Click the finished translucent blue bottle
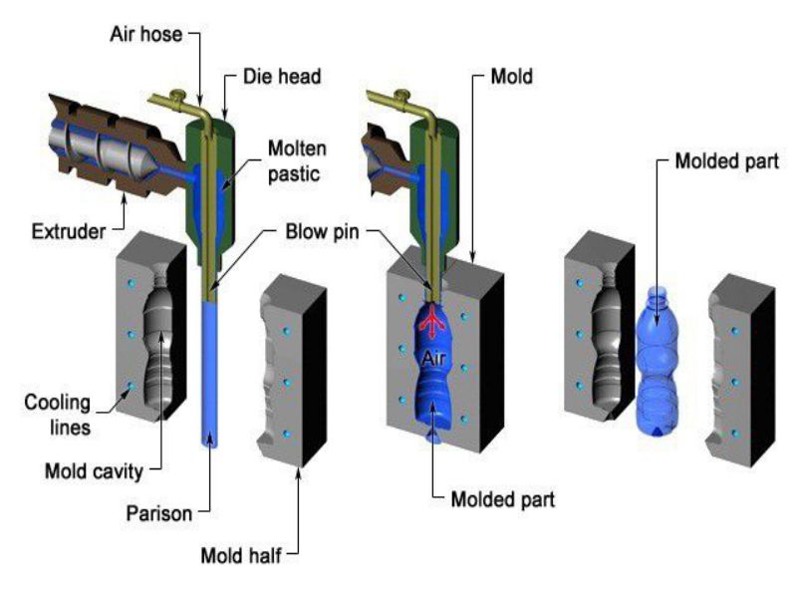point(659,369)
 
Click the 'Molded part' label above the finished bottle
point(716,160)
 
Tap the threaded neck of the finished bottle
point(658,296)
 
